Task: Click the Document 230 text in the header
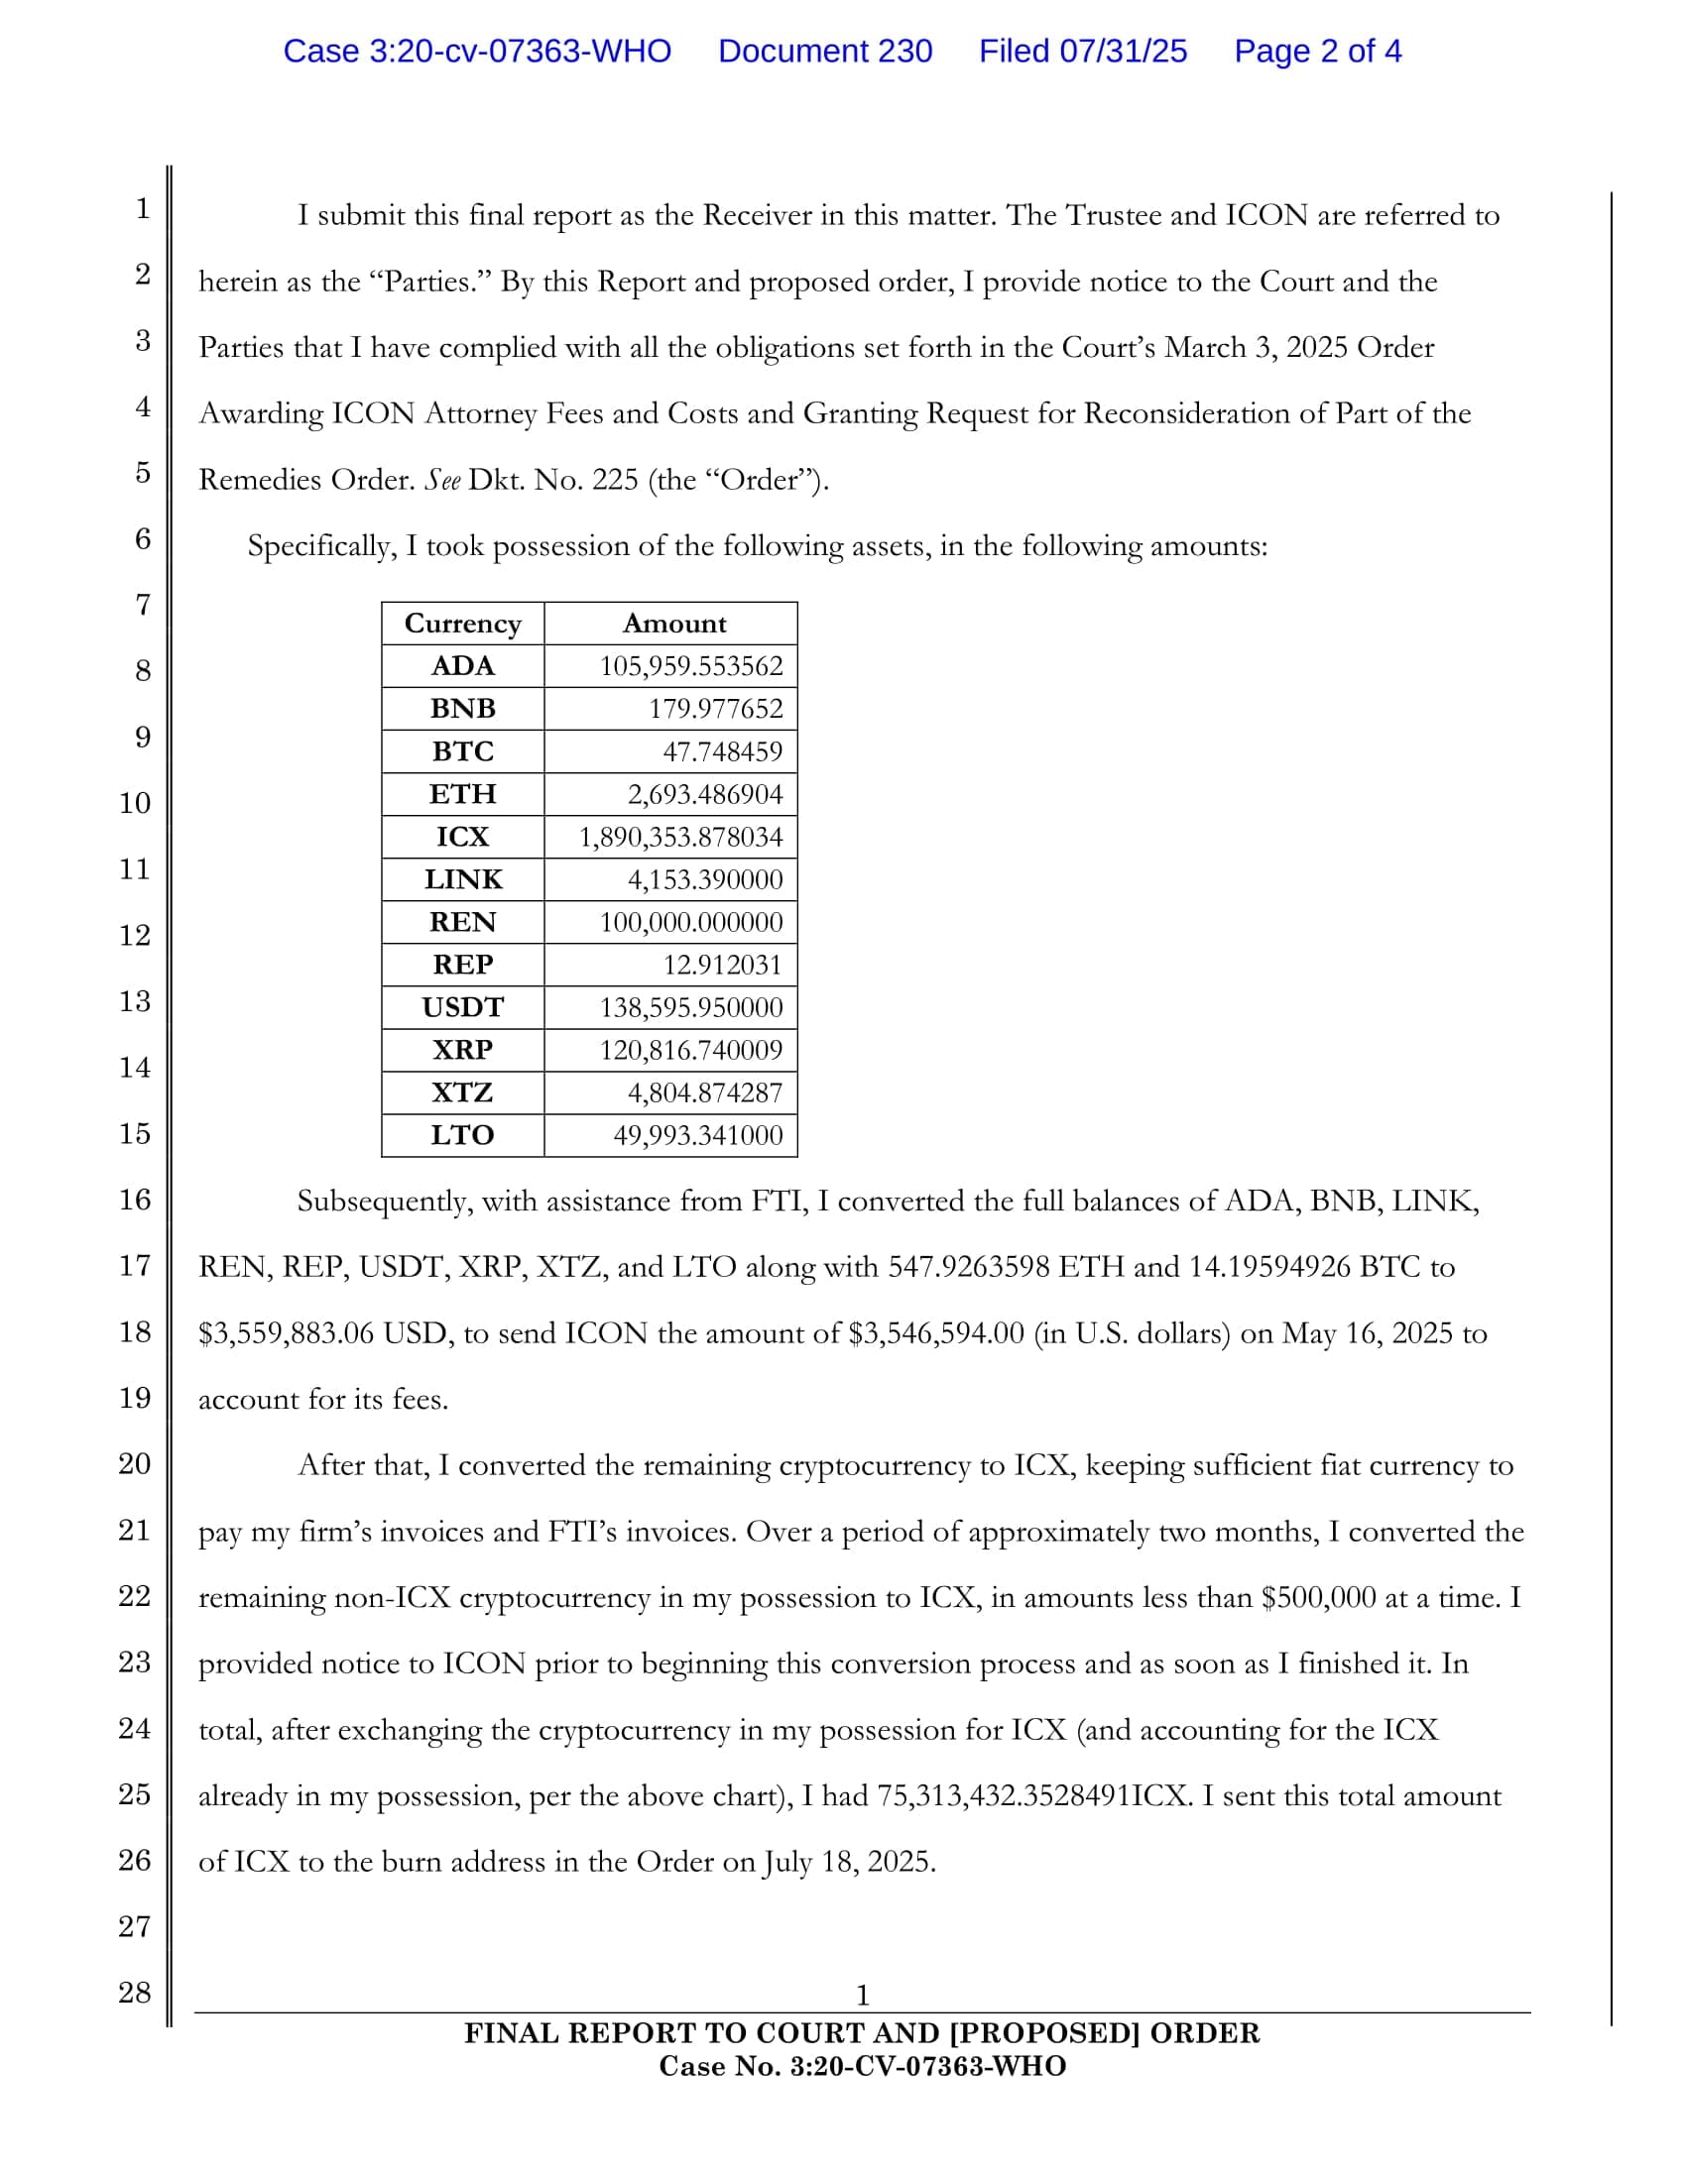click(x=825, y=51)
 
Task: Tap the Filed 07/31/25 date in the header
click(x=1083, y=51)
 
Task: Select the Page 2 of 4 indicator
click(x=1317, y=51)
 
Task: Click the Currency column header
click(x=462, y=624)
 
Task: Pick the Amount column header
click(x=674, y=624)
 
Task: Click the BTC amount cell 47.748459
click(x=722, y=751)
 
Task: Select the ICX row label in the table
click(x=462, y=837)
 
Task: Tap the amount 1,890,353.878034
click(x=681, y=837)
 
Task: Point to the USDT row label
click(x=462, y=1007)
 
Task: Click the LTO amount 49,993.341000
click(x=697, y=1135)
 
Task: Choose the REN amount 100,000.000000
click(x=691, y=922)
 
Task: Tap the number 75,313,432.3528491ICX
click(x=1033, y=1795)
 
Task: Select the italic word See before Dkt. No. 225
click(x=442, y=481)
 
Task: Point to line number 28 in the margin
click(x=135, y=1993)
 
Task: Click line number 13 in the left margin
click(x=135, y=1000)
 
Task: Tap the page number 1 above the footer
click(x=862, y=1996)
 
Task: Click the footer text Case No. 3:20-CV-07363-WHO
click(x=862, y=2066)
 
